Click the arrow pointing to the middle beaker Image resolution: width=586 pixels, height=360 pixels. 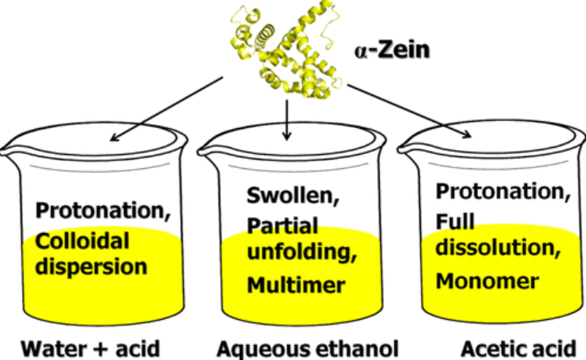(287, 118)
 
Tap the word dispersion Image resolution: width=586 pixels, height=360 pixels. (90, 266)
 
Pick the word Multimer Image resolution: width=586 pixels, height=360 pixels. (296, 285)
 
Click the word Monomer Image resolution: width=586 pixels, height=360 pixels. (488, 280)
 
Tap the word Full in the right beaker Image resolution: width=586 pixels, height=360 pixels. (453, 221)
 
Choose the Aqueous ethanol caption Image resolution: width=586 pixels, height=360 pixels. (308, 348)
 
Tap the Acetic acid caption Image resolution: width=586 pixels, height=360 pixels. (519, 347)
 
